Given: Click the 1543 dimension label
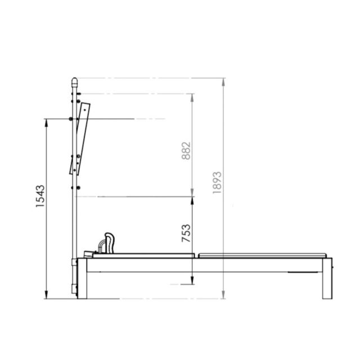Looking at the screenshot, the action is [x=40, y=196].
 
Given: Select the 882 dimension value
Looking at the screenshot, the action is [x=186, y=151].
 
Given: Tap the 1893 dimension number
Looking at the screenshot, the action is [x=217, y=182].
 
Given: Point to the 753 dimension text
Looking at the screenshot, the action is [x=186, y=233].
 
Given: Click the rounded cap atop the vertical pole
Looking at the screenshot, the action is [x=74, y=81].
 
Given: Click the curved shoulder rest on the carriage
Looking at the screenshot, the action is [x=109, y=243].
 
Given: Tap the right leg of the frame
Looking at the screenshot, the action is [x=327, y=278].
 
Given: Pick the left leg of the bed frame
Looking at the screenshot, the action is [x=82, y=278].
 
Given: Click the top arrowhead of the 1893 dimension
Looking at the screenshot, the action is [x=223, y=82].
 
